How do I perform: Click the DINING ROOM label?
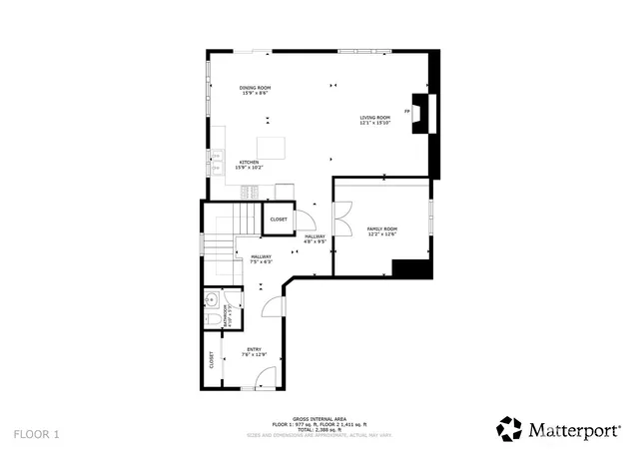coord(255,90)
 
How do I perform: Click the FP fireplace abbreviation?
coord(407,112)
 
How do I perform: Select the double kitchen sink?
coord(215,158)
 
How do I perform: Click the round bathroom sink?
coord(212,298)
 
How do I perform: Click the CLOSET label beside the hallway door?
coord(279,219)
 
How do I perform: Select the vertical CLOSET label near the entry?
coord(212,360)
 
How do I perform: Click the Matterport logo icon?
coord(509,429)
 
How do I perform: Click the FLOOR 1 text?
coord(37,434)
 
